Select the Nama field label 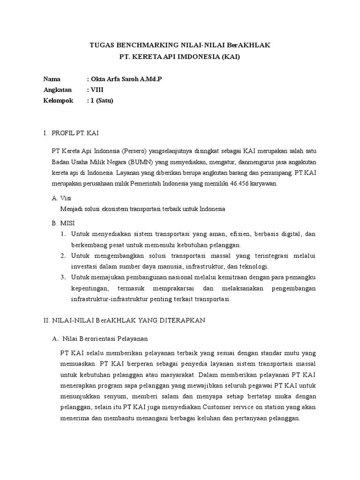coord(52,79)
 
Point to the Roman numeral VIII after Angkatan coord(97,90)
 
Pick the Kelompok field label coord(58,100)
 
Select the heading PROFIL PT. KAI coord(75,134)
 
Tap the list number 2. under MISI coord(63,255)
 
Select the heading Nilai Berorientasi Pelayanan coord(105,338)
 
